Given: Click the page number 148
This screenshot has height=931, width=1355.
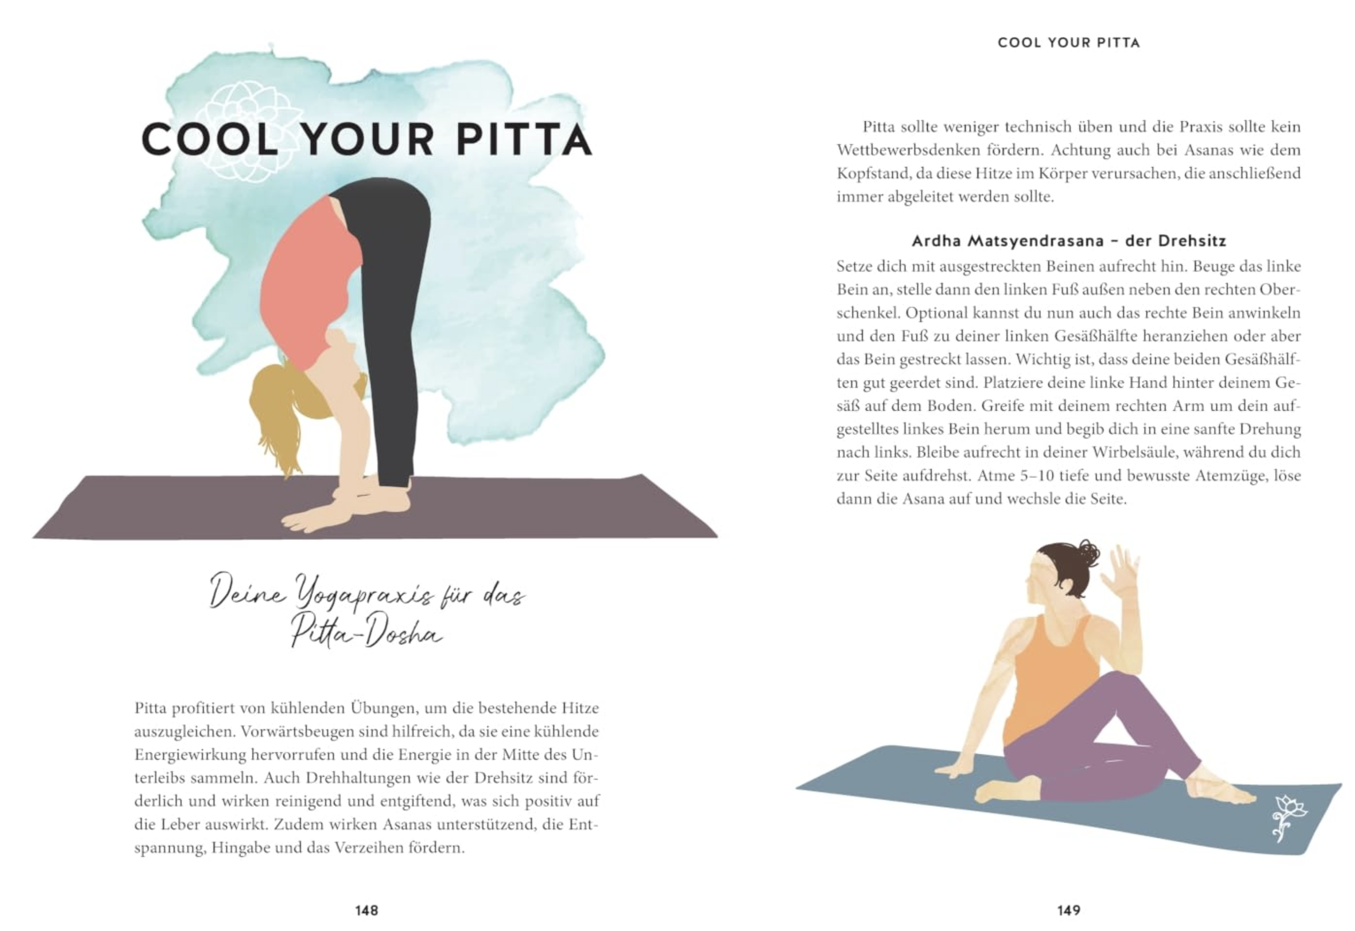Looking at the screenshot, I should point(366,910).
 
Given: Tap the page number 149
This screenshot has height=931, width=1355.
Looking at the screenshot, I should point(1069,910).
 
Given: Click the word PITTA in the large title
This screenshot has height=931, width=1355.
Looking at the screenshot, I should point(524,140).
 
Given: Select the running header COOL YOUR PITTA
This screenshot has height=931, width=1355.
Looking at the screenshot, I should point(1069,43).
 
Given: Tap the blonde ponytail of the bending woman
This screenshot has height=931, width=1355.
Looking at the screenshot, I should point(280,408).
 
